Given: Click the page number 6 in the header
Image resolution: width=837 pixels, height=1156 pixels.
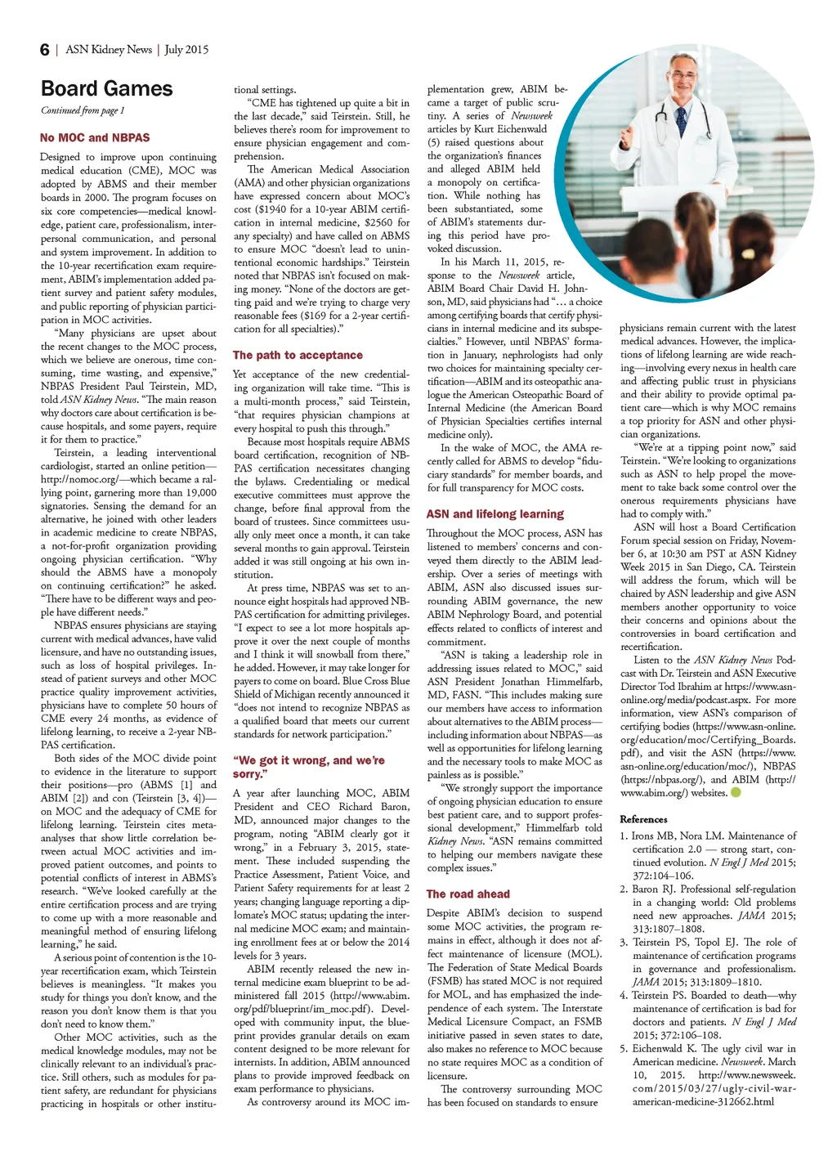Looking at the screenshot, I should click(x=44, y=50).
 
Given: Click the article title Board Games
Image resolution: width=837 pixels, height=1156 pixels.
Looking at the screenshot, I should click(x=106, y=89).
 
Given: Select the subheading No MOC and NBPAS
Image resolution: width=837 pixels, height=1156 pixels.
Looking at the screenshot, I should click(x=95, y=138).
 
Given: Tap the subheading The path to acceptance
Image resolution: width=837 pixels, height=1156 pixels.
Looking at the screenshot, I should click(x=298, y=356).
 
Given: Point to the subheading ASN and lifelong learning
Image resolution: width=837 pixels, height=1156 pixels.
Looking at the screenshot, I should click(x=495, y=514).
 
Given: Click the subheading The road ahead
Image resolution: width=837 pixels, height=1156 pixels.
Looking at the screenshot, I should click(x=468, y=894).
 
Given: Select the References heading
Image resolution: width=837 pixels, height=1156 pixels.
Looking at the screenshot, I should click(x=643, y=819).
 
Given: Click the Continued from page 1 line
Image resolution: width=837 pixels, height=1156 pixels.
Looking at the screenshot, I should click(x=83, y=110).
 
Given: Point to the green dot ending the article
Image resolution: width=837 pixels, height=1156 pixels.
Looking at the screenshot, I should click(x=735, y=792).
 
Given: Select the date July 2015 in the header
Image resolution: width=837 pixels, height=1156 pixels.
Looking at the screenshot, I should click(x=186, y=50).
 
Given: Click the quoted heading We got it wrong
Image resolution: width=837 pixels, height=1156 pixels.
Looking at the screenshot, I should click(x=308, y=767).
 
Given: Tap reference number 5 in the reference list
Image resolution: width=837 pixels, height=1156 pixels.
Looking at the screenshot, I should click(x=624, y=1049).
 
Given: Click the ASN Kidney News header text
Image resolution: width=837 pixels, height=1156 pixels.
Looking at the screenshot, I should click(x=109, y=50).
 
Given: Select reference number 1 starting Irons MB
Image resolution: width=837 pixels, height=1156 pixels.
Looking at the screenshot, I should click(x=624, y=836).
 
